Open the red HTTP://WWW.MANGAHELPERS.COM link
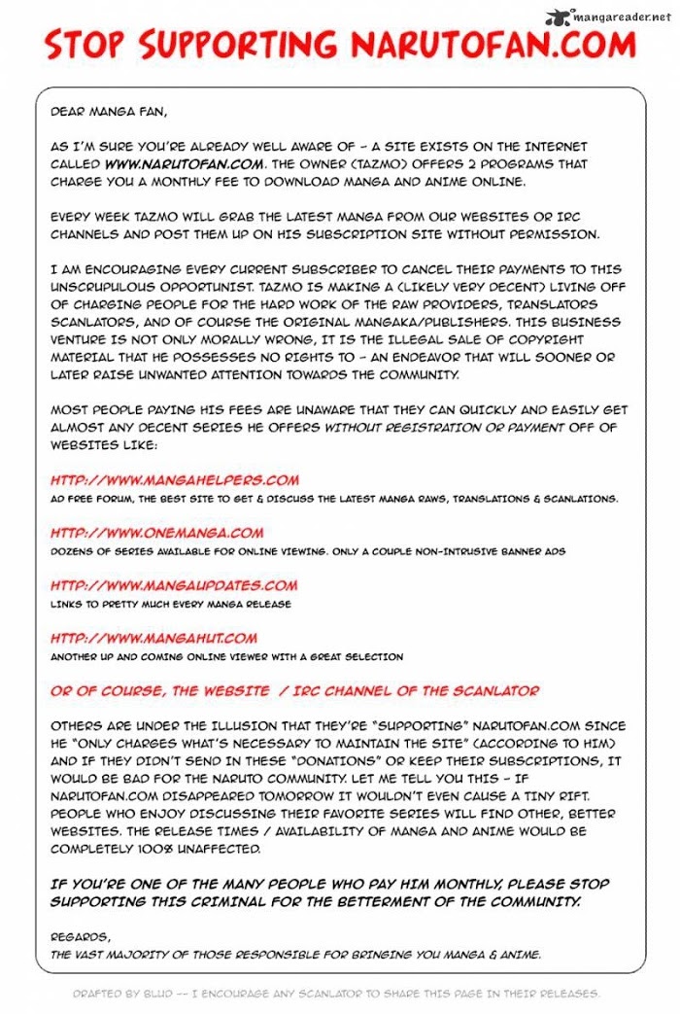(175, 480)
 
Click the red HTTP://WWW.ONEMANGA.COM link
(157, 533)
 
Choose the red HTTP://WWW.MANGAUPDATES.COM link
(174, 585)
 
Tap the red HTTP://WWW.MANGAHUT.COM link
(153, 638)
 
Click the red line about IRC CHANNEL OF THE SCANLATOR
(294, 690)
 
